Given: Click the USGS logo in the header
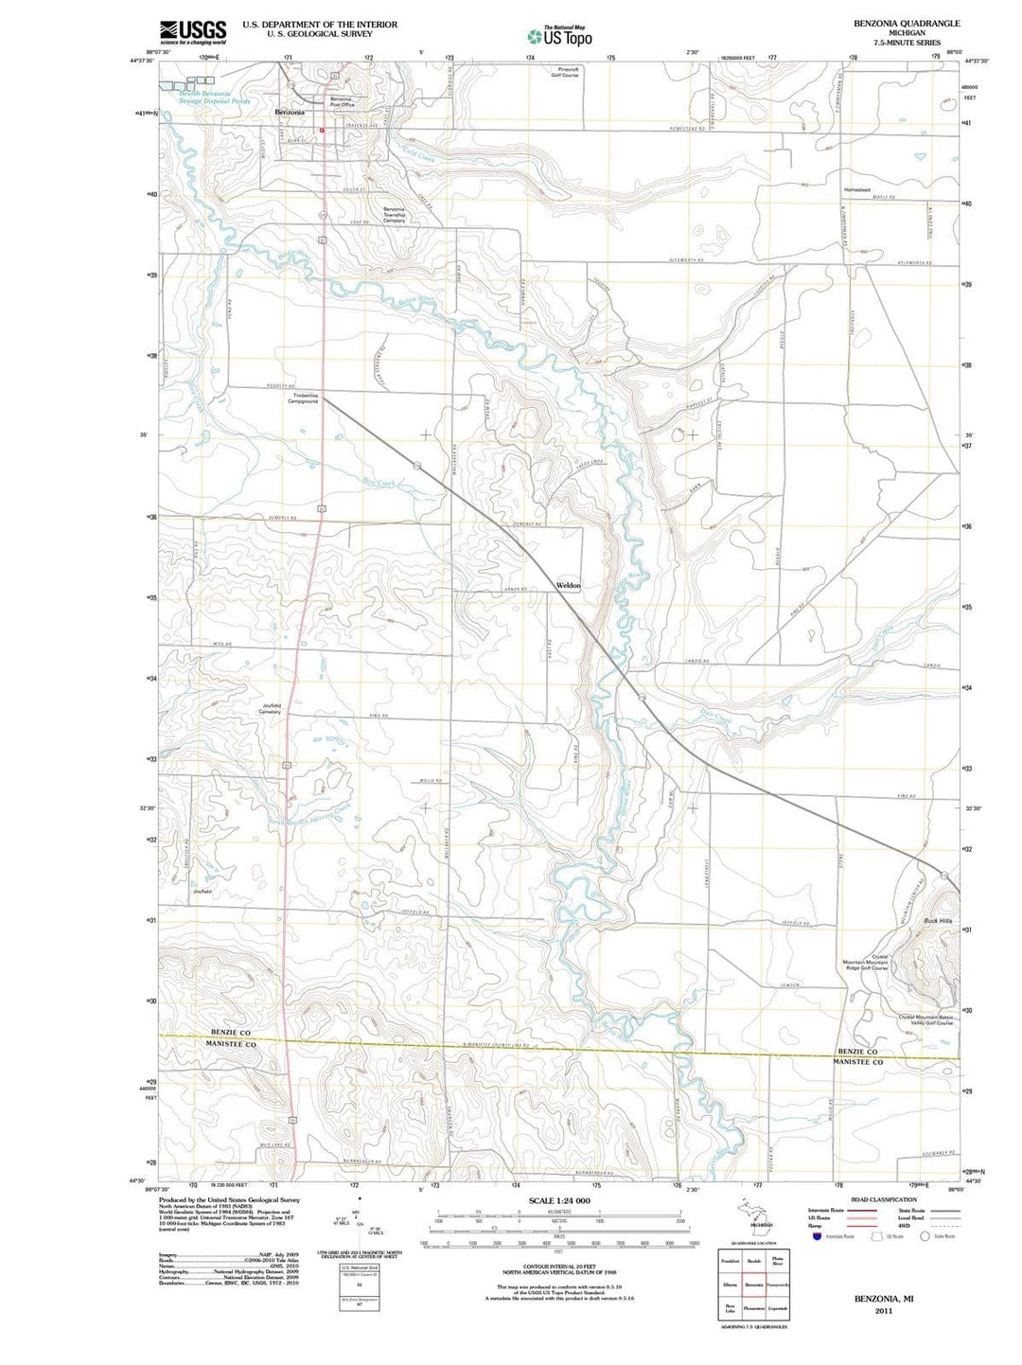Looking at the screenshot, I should coord(193,32).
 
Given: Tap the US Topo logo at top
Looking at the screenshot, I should coord(560,36).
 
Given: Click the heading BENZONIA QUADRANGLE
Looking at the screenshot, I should coord(906,23).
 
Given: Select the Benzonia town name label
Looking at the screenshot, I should coord(290,113).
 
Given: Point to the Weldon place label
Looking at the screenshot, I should coord(569,585).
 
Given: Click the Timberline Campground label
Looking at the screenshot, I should coord(305,399).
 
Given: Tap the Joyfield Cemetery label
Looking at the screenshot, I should coord(271,708).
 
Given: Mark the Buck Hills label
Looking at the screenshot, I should coord(939,920).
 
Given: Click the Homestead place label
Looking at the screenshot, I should coord(856,189).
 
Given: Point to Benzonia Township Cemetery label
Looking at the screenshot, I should coord(394,215).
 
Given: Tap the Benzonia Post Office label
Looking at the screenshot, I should coord(341,102).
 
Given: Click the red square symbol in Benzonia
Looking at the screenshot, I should coord(322,131).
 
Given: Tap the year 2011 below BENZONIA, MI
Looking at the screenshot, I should coord(884,1311).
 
